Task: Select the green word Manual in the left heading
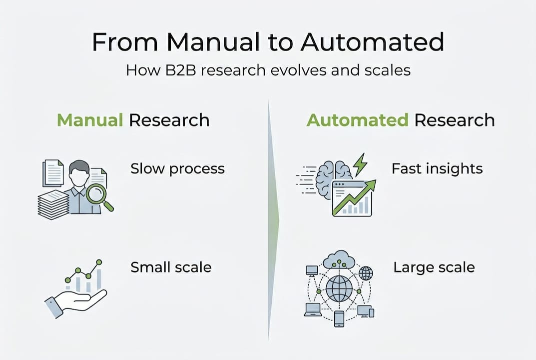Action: tap(90, 120)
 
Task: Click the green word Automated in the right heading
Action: tap(358, 120)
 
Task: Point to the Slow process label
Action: tap(177, 168)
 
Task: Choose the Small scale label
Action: tap(171, 267)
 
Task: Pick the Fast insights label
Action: tap(437, 168)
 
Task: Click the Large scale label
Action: tap(434, 267)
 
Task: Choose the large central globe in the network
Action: tap(339, 288)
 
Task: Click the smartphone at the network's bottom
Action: tap(339, 318)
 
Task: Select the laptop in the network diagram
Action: tap(313, 309)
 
